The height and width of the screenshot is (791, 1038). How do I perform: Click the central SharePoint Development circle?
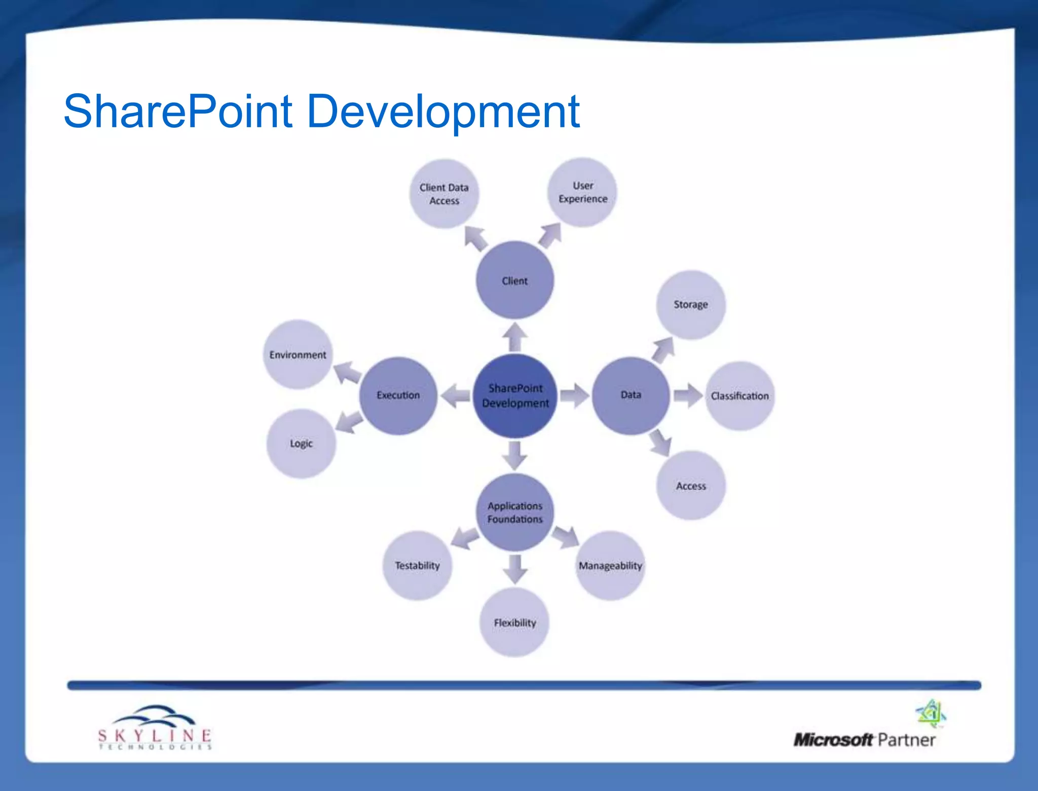515,395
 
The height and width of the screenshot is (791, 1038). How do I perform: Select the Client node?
515,280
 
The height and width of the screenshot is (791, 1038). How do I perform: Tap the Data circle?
631,395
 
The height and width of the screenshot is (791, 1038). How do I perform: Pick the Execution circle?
398,395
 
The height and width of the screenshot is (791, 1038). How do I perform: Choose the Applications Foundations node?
515,512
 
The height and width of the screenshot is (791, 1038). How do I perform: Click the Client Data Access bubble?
444,194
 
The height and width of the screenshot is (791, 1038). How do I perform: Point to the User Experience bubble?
582,192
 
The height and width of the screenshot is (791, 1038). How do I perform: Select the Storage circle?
690,305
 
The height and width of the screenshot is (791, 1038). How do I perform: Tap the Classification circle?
739,396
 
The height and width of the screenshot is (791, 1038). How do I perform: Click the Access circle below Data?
691,486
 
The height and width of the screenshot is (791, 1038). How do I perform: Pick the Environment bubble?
298,355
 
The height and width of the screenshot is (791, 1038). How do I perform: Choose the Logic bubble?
301,444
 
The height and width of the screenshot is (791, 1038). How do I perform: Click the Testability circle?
417,565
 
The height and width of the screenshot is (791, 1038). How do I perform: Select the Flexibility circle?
514,623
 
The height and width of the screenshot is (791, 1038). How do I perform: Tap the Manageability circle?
610,565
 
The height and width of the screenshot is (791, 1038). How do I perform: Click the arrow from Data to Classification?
688,395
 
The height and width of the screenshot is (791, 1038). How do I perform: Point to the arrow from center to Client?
515,337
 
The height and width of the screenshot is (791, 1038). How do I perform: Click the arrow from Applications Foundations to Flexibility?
515,569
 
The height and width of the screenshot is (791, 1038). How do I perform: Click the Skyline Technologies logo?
155,728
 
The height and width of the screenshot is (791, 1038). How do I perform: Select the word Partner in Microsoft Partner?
906,740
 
